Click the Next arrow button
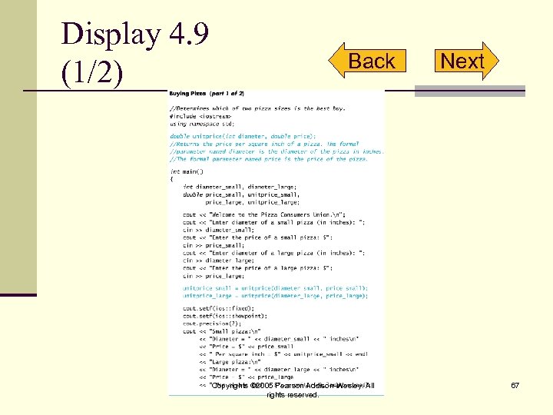click(x=464, y=61)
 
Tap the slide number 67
click(x=515, y=385)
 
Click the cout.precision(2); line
click(x=212, y=323)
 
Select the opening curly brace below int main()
click(x=172, y=178)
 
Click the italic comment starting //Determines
click(x=257, y=108)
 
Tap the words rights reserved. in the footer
click(x=292, y=395)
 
